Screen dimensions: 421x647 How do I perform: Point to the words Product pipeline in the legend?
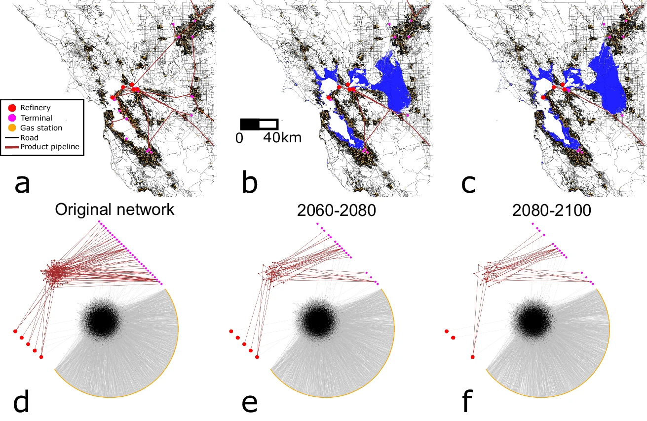(49, 147)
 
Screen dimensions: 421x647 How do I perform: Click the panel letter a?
(22, 184)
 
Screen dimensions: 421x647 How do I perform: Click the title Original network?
(114, 210)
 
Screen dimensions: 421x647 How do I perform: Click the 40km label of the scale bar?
(281, 138)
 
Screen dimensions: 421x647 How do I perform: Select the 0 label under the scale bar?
(239, 138)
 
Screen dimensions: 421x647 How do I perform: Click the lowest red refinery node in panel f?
(472, 356)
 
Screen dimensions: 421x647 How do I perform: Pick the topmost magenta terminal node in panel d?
(99, 221)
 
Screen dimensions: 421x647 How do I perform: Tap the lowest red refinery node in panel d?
(41, 356)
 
